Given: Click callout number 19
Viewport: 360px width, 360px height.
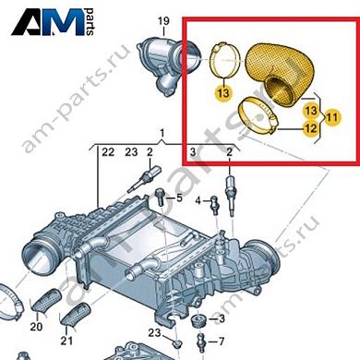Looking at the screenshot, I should pyautogui.click(x=162, y=20).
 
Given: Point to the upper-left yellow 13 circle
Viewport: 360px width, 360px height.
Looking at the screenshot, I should pyautogui.click(x=222, y=93).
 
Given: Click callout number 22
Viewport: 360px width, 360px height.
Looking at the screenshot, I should pyautogui.click(x=107, y=151).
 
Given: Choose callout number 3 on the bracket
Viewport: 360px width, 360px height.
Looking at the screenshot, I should pyautogui.click(x=193, y=151).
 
